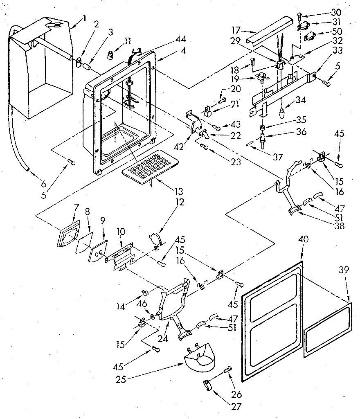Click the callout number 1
(x=85, y=18)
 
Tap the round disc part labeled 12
(x=154, y=239)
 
